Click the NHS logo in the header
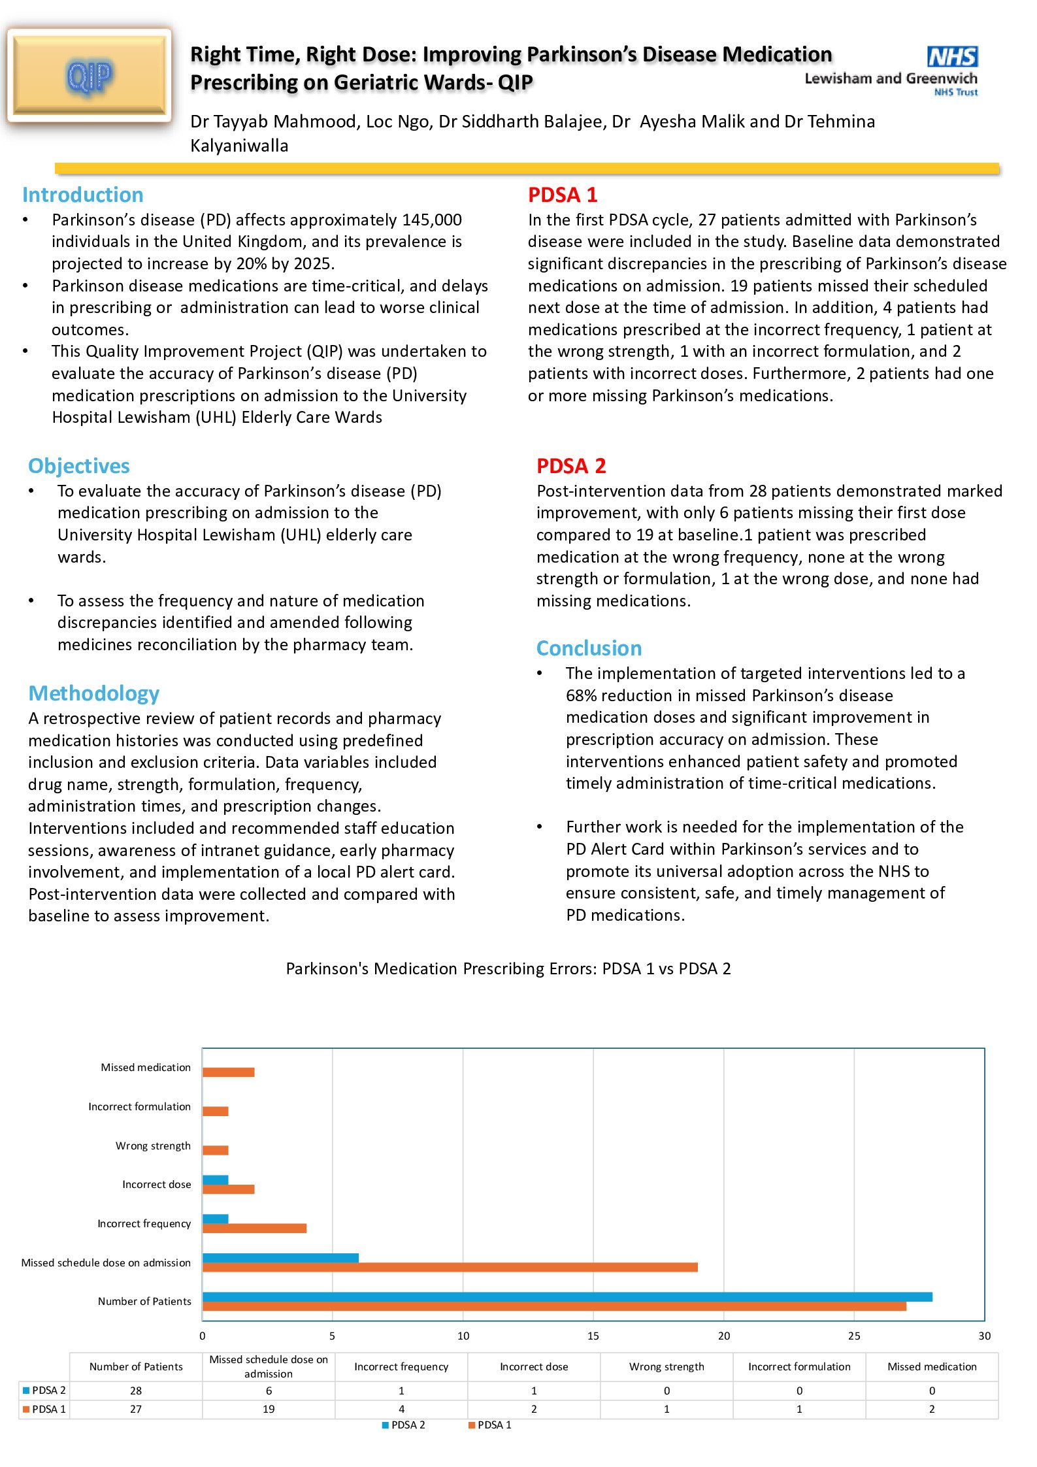pyautogui.click(x=952, y=57)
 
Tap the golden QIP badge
pyautogui.click(x=90, y=76)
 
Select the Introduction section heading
pyautogui.click(x=83, y=195)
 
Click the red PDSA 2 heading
pyautogui.click(x=571, y=466)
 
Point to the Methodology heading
pyautogui.click(x=94, y=693)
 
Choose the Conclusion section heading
pyautogui.click(x=589, y=648)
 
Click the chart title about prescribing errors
pyautogui.click(x=508, y=968)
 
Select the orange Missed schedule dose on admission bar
pyautogui.click(x=450, y=1267)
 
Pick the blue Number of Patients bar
pyautogui.click(x=567, y=1296)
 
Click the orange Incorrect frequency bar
pyautogui.click(x=254, y=1228)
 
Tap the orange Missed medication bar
pyautogui.click(x=228, y=1072)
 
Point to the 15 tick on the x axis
pyautogui.click(x=593, y=1336)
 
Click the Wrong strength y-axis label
pyautogui.click(x=153, y=1146)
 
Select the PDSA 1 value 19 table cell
pyautogui.click(x=269, y=1409)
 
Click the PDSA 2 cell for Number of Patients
pyautogui.click(x=136, y=1391)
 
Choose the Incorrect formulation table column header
pyautogui.click(x=799, y=1366)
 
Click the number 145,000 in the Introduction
pyautogui.click(x=431, y=220)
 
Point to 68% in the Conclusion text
pyautogui.click(x=581, y=696)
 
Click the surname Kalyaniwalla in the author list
pyautogui.click(x=239, y=146)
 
